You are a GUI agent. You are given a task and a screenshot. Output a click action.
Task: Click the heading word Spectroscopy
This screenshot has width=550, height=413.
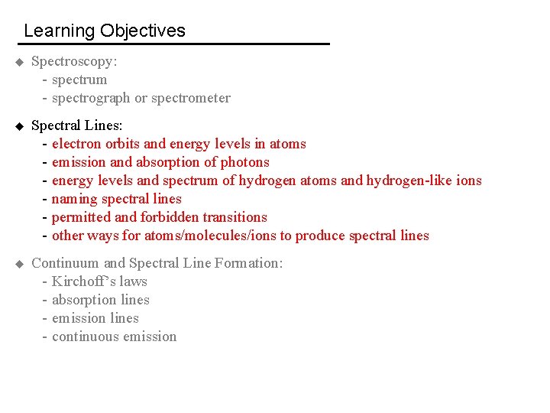point(74,61)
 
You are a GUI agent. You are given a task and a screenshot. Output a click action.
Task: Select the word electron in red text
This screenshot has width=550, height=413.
point(76,144)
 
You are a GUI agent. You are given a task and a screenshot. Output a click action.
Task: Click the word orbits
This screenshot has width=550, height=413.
point(123,144)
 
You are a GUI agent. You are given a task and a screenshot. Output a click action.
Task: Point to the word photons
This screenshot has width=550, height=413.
point(245,162)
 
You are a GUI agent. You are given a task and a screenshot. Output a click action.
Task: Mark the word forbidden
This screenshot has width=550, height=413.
point(169,217)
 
